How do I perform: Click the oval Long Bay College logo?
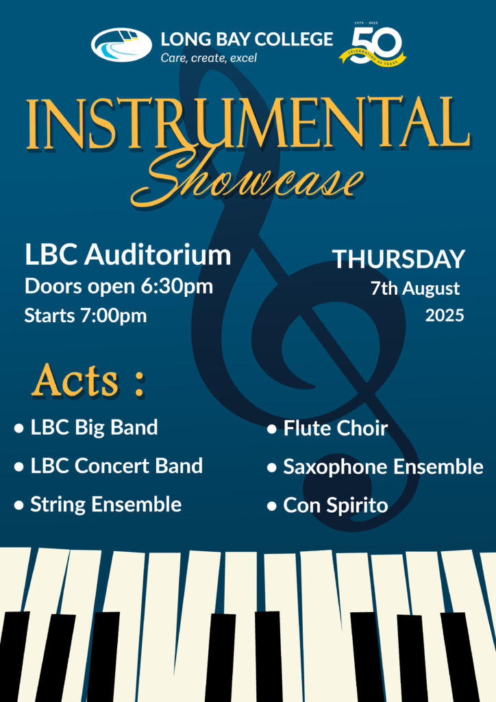pyautogui.click(x=121, y=45)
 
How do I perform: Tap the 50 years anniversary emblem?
pyautogui.click(x=373, y=44)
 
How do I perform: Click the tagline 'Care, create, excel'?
pyautogui.click(x=208, y=58)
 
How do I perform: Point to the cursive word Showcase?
pyautogui.click(x=247, y=178)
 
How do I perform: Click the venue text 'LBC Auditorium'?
pyautogui.click(x=128, y=255)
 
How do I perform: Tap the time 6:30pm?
pyautogui.click(x=177, y=287)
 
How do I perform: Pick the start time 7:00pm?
pyautogui.click(x=113, y=315)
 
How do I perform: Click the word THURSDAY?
pyautogui.click(x=399, y=259)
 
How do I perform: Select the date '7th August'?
pyautogui.click(x=415, y=289)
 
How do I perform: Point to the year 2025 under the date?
pyautogui.click(x=445, y=315)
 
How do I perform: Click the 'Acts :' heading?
pyautogui.click(x=88, y=381)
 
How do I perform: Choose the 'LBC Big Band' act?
pyautogui.click(x=94, y=427)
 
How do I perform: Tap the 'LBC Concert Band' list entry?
pyautogui.click(x=116, y=465)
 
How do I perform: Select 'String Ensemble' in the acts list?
pyautogui.click(x=106, y=505)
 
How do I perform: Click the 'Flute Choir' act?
pyautogui.click(x=336, y=428)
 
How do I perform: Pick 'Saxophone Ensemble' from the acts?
pyautogui.click(x=383, y=467)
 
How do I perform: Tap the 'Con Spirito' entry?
pyautogui.click(x=336, y=505)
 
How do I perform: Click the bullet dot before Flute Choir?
pyautogui.click(x=271, y=430)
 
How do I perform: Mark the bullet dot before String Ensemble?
pyautogui.click(x=18, y=506)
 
